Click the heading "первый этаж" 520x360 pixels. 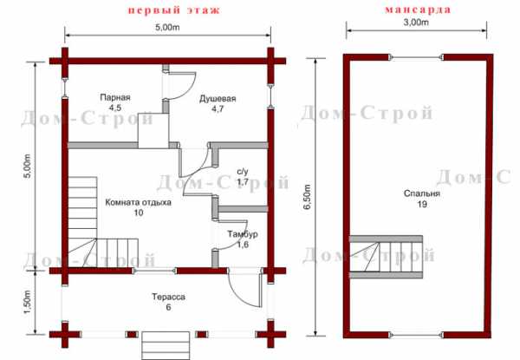click(x=174, y=10)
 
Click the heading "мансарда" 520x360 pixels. click(x=418, y=10)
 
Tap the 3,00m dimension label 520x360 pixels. click(x=417, y=23)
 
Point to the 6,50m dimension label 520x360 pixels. click(x=308, y=197)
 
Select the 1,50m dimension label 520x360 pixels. click(x=28, y=303)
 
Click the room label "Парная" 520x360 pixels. click(x=115, y=97)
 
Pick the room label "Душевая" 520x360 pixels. click(x=218, y=99)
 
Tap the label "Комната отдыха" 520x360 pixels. click(x=139, y=202)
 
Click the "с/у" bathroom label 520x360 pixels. click(x=243, y=172)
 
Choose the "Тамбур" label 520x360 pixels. click(x=243, y=234)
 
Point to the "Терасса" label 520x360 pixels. click(x=168, y=297)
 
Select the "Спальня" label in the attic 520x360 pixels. click(x=422, y=193)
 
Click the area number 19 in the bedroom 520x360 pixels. click(x=422, y=204)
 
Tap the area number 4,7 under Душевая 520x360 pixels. click(x=218, y=108)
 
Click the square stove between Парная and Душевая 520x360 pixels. click(x=153, y=131)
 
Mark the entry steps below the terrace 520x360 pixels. click(x=166, y=345)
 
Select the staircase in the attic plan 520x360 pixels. click(x=386, y=257)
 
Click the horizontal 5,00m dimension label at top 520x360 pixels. click(x=167, y=27)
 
